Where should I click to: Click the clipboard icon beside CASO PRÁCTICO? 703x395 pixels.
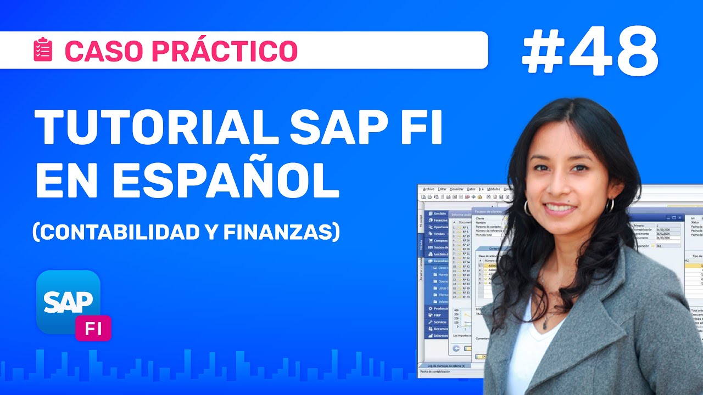43,50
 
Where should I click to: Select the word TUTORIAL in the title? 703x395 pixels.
154,127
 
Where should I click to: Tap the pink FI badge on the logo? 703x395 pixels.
93,328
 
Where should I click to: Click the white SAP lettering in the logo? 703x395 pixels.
68,301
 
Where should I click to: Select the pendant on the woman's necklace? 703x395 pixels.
545,324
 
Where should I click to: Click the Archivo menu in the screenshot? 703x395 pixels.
428,189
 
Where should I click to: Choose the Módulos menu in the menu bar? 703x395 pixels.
494,189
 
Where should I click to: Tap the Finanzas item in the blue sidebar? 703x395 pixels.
439,220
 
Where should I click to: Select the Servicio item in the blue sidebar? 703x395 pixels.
440,322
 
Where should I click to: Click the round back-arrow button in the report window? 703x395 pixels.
456,348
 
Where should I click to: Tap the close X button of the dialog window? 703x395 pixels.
680,218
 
